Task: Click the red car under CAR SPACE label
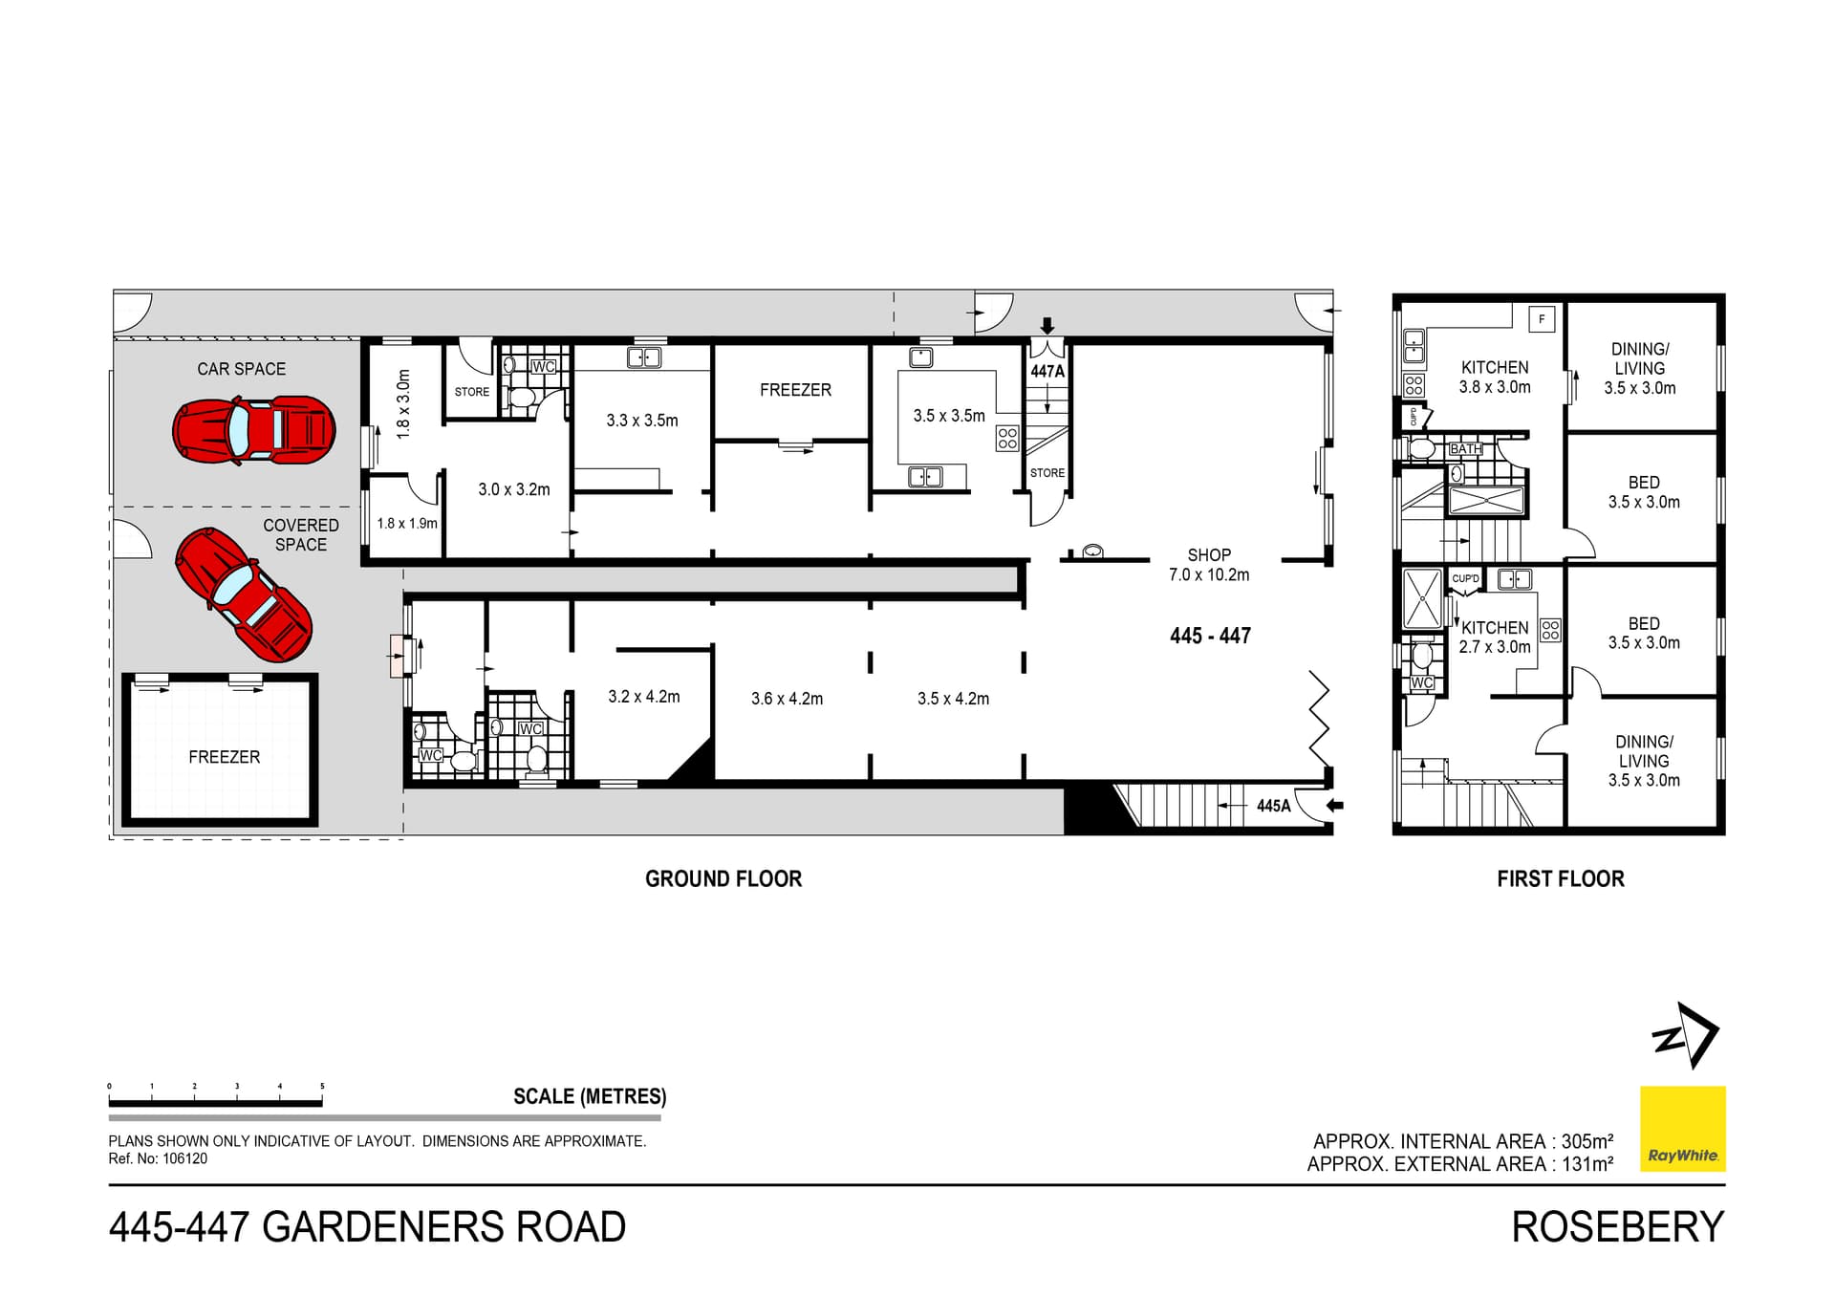254,430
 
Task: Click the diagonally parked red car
244,594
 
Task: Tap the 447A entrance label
1047,371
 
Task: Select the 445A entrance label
1273,806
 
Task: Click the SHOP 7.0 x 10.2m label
1208,565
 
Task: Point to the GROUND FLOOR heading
723,878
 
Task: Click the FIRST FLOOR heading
1560,878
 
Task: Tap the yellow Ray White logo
1682,1128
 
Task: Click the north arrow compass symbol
1686,1035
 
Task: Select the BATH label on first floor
1465,449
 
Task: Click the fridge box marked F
1542,319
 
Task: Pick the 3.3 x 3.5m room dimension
641,421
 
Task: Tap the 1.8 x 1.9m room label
406,524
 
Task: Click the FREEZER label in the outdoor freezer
224,757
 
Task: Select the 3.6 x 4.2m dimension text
787,699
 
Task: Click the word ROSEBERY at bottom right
1617,1227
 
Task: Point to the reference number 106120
184,1158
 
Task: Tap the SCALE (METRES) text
590,1096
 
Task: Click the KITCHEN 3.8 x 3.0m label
1494,378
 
